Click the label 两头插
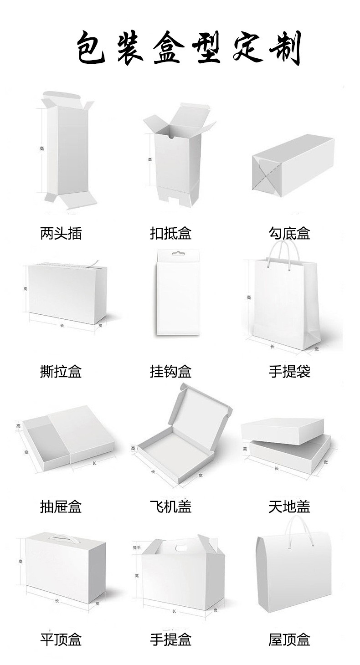[61, 233]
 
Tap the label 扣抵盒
[170, 233]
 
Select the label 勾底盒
[289, 233]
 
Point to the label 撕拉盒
[61, 372]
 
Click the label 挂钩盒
[170, 372]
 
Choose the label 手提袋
[289, 372]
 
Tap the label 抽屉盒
[61, 506]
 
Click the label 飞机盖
[170, 506]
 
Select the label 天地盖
[289, 506]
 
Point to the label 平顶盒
[61, 639]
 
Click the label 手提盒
[170, 639]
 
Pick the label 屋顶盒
[289, 639]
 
